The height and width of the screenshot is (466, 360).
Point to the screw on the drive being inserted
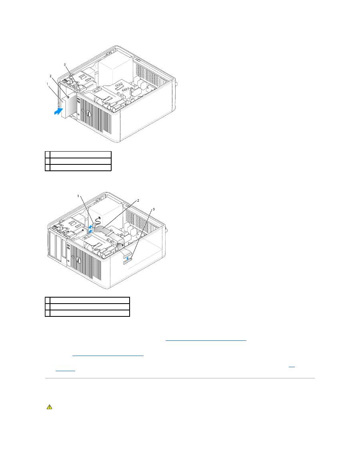(x=68, y=96)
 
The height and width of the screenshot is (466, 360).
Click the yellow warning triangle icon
(x=49, y=407)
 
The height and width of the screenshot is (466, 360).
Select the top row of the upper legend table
(x=78, y=154)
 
